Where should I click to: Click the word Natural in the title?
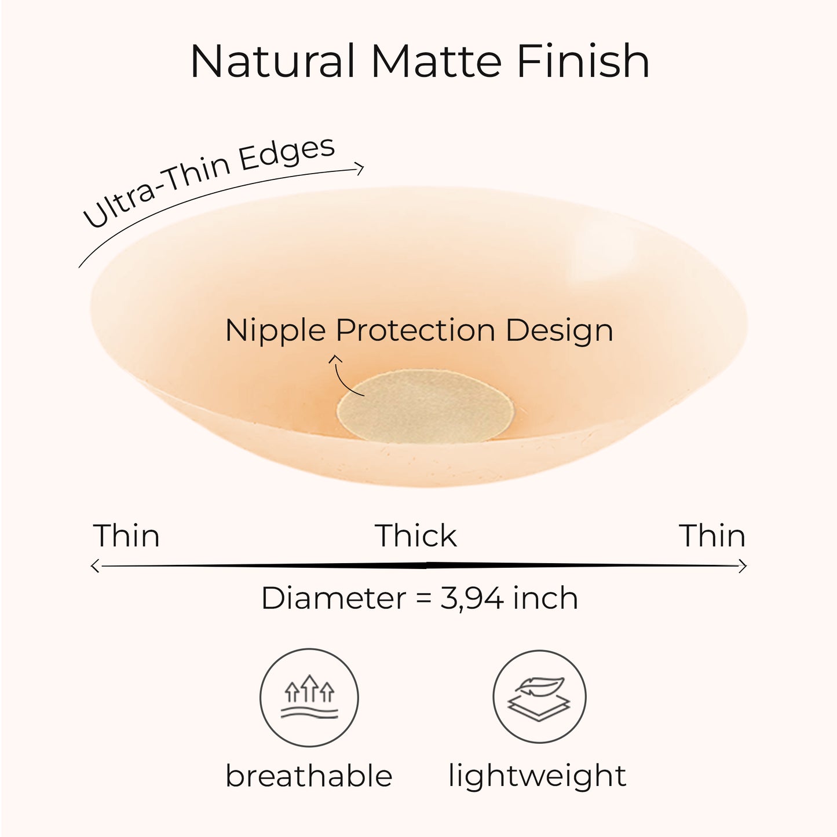272,61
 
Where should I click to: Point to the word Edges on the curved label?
288,154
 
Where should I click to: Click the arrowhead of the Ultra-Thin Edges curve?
360,168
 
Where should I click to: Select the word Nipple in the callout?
276,331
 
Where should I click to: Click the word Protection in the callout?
415,331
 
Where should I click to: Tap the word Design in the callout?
559,331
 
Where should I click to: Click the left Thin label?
126,536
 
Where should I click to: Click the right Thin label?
712,536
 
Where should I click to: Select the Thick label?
416,536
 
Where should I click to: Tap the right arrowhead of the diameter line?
743,566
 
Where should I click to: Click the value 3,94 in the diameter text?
473,599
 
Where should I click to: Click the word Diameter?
334,599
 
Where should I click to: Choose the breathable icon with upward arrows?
309,698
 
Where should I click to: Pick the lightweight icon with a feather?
539,698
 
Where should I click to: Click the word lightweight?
537,776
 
